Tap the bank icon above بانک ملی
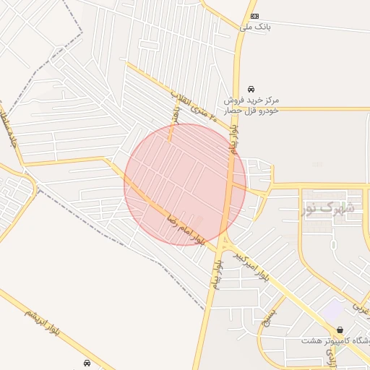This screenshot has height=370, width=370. tap(254, 15)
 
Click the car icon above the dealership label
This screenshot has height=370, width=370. tap(251, 88)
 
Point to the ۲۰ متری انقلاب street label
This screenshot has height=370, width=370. tap(188, 104)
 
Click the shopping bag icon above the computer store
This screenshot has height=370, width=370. tap(340, 330)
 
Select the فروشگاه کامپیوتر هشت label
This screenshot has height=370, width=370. tap(336, 340)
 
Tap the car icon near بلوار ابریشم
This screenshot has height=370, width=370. tap(87, 363)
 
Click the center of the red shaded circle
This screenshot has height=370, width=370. tap(185, 184)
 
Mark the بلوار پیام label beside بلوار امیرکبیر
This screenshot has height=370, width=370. tap(216, 271)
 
